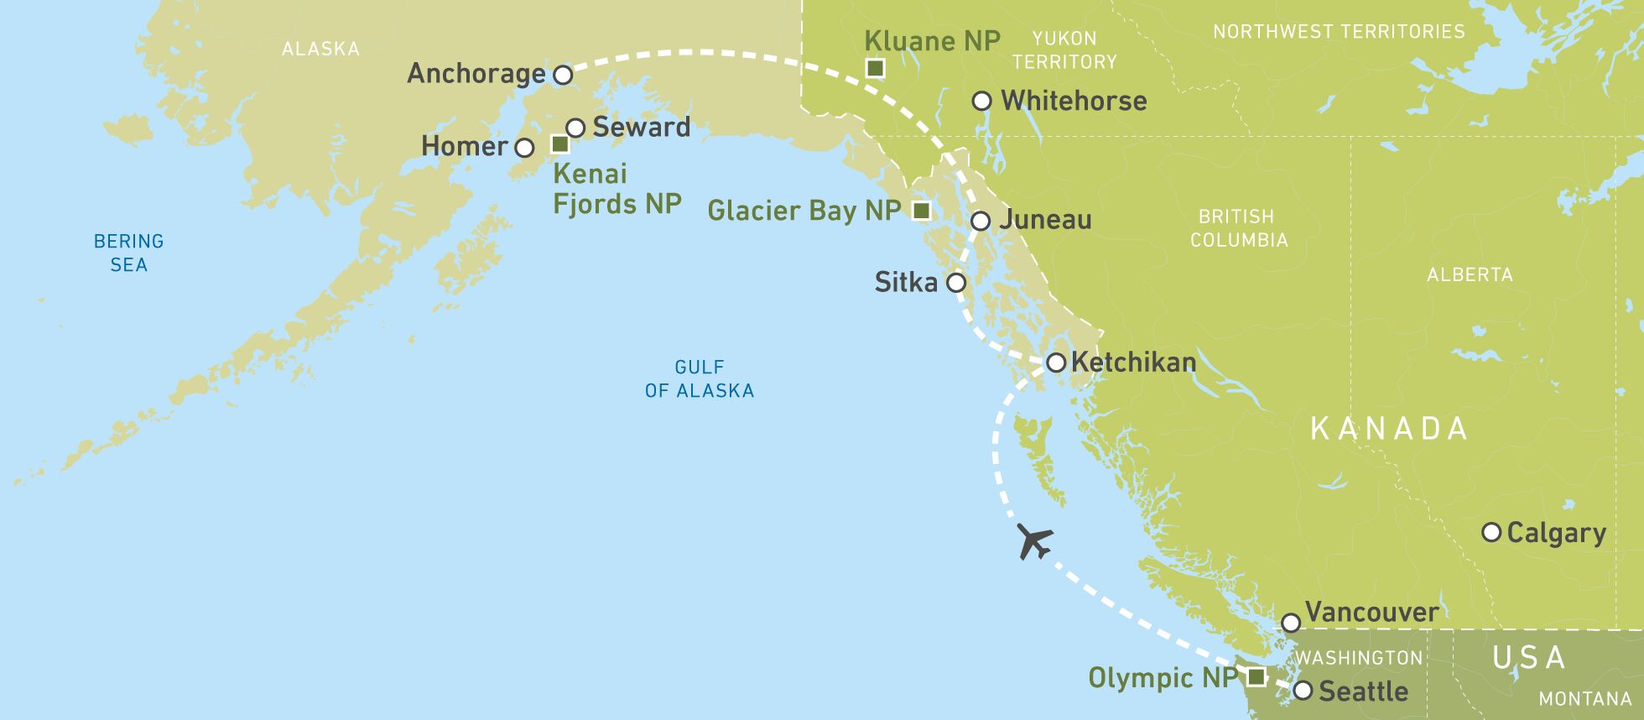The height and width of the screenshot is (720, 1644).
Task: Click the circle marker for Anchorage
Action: [564, 75]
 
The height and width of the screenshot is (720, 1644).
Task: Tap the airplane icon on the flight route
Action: [1034, 540]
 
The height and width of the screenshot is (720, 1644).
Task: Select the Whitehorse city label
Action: [1074, 101]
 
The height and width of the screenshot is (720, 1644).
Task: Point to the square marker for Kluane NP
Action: [875, 68]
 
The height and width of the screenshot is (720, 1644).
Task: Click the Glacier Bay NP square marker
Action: [921, 210]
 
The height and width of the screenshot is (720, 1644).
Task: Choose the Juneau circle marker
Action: [981, 222]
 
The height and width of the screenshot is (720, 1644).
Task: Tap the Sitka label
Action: [906, 282]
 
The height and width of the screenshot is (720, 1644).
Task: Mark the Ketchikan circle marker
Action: [1056, 363]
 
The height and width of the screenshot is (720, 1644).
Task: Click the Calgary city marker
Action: [1491, 532]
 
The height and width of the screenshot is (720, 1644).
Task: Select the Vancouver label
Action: [1371, 612]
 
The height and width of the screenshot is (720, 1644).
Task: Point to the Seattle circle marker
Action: [1303, 691]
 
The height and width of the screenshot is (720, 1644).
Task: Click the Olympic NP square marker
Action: [1256, 676]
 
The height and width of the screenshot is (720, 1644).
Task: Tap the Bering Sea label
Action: [128, 253]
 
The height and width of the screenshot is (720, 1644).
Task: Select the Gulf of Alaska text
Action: [700, 378]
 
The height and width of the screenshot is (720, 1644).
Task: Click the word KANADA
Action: [1389, 429]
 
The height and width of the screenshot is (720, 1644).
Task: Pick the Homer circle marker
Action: [524, 149]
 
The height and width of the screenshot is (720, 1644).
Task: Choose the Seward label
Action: [642, 127]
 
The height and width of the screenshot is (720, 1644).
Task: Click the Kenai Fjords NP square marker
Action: [559, 143]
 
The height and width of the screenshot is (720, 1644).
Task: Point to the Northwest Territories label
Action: [1339, 32]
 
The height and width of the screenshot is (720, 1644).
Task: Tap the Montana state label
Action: [1584, 698]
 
